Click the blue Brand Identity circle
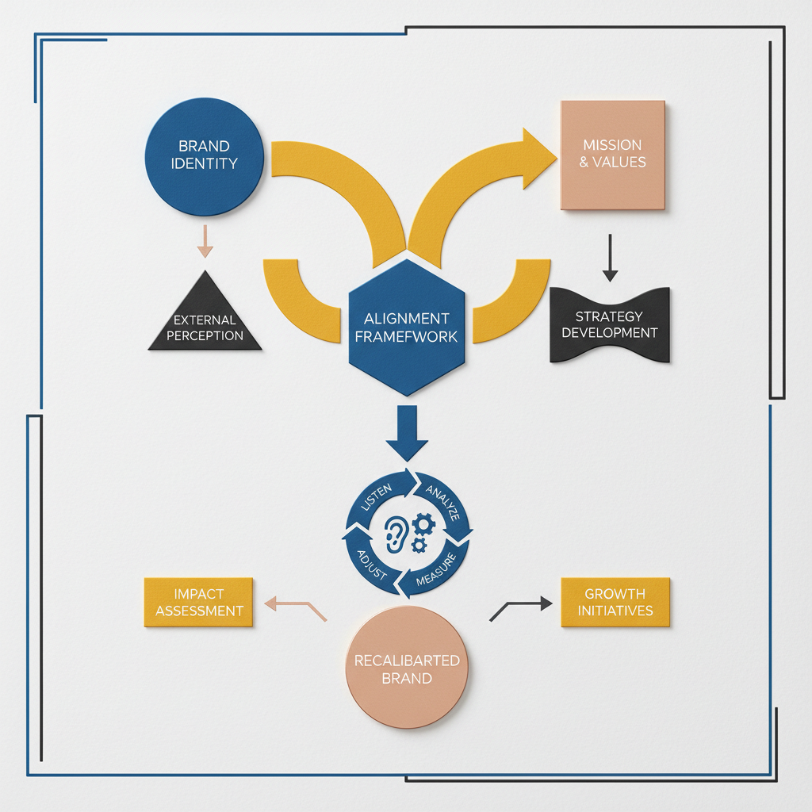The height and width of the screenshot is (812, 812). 204,155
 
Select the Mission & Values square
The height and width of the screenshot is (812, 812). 613,155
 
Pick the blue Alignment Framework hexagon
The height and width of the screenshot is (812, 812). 407,327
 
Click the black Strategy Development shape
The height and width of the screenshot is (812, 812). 610,325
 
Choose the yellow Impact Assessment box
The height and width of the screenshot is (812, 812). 199,602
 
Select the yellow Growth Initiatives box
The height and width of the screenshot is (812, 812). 615,602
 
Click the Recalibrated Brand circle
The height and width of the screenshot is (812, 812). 407,668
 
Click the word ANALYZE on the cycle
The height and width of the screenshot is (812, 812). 442,500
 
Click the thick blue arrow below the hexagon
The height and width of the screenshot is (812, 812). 406,433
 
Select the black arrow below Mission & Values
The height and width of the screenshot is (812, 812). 610,258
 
